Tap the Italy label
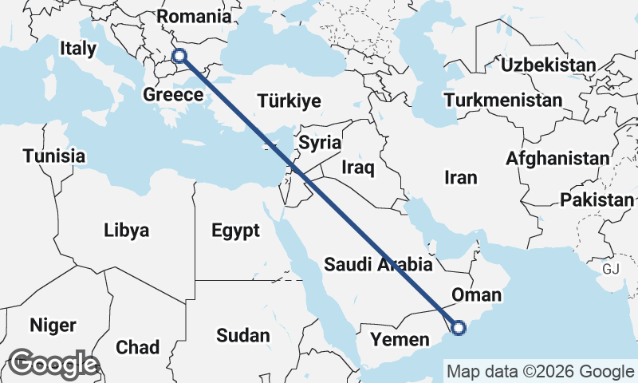[78, 49]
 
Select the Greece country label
[173, 95]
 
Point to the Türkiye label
[289, 101]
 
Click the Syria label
[320, 144]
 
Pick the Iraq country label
[357, 168]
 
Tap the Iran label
[460, 177]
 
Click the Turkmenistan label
[504, 101]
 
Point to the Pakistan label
[597, 200]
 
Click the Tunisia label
[53, 156]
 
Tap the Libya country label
[126, 231]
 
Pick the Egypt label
[235, 231]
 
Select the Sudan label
[242, 336]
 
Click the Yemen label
[394, 341]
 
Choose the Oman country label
[476, 296]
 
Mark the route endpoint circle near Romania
[179, 56]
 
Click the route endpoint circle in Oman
[458, 326]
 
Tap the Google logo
[53, 364]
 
